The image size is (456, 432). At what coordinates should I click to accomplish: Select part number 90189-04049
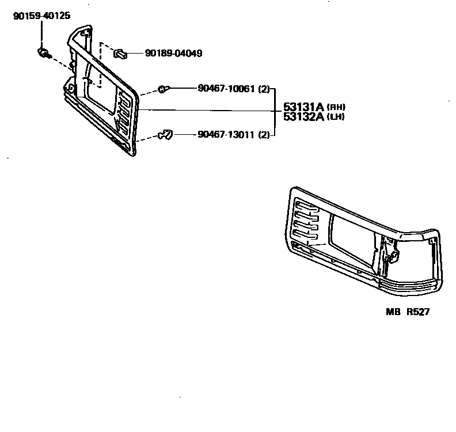click(173, 54)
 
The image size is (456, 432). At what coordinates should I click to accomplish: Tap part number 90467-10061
click(225, 89)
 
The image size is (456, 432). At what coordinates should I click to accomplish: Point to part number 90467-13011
click(225, 135)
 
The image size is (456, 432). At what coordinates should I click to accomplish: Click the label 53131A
click(303, 107)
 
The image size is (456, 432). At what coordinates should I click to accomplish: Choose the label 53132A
click(303, 117)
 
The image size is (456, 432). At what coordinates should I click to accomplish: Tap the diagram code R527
click(418, 312)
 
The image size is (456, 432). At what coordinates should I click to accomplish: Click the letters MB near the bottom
click(393, 312)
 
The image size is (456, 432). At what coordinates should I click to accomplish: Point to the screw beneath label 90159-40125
click(43, 54)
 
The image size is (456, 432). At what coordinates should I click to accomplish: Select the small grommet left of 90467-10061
click(163, 89)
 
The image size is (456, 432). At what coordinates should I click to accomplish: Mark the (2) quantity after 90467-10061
click(264, 89)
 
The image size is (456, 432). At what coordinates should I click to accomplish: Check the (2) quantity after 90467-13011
click(264, 135)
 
